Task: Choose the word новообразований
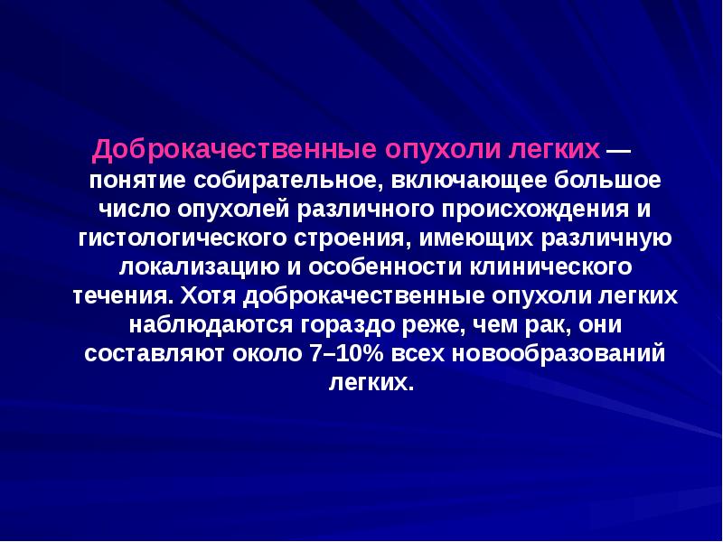point(553,353)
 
